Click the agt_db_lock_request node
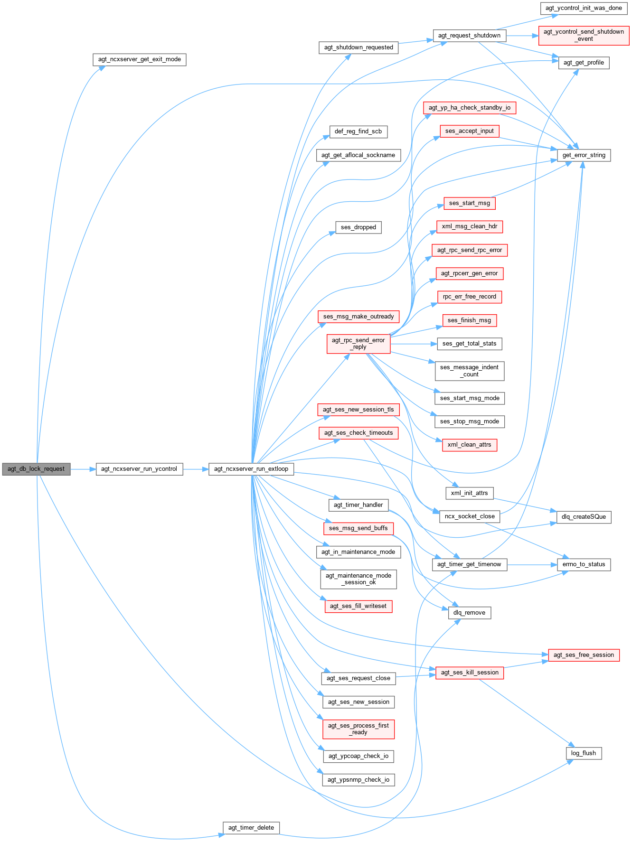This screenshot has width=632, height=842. (x=36, y=469)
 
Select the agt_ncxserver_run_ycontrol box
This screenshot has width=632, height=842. (x=139, y=469)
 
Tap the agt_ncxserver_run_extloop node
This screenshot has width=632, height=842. (x=251, y=469)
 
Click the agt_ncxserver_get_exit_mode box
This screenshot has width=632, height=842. (x=140, y=60)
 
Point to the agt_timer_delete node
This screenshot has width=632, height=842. (x=251, y=828)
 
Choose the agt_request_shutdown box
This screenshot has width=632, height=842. (x=469, y=36)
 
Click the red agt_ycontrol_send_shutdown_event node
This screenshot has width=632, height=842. (x=584, y=36)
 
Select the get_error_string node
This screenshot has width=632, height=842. (x=584, y=155)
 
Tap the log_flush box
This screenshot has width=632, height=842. (x=584, y=753)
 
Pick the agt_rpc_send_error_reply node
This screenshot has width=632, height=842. (x=358, y=344)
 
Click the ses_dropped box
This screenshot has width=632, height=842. (x=358, y=227)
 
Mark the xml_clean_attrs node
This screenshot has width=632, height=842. (x=469, y=445)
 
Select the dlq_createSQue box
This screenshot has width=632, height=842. (x=584, y=517)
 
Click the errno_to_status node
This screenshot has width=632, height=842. (x=584, y=564)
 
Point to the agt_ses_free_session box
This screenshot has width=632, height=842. (x=584, y=655)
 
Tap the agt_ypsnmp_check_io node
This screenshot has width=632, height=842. (x=358, y=780)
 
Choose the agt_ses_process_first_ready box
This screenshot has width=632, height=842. (x=358, y=729)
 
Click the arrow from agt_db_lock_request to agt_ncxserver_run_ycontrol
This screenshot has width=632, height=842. (x=83, y=469)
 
